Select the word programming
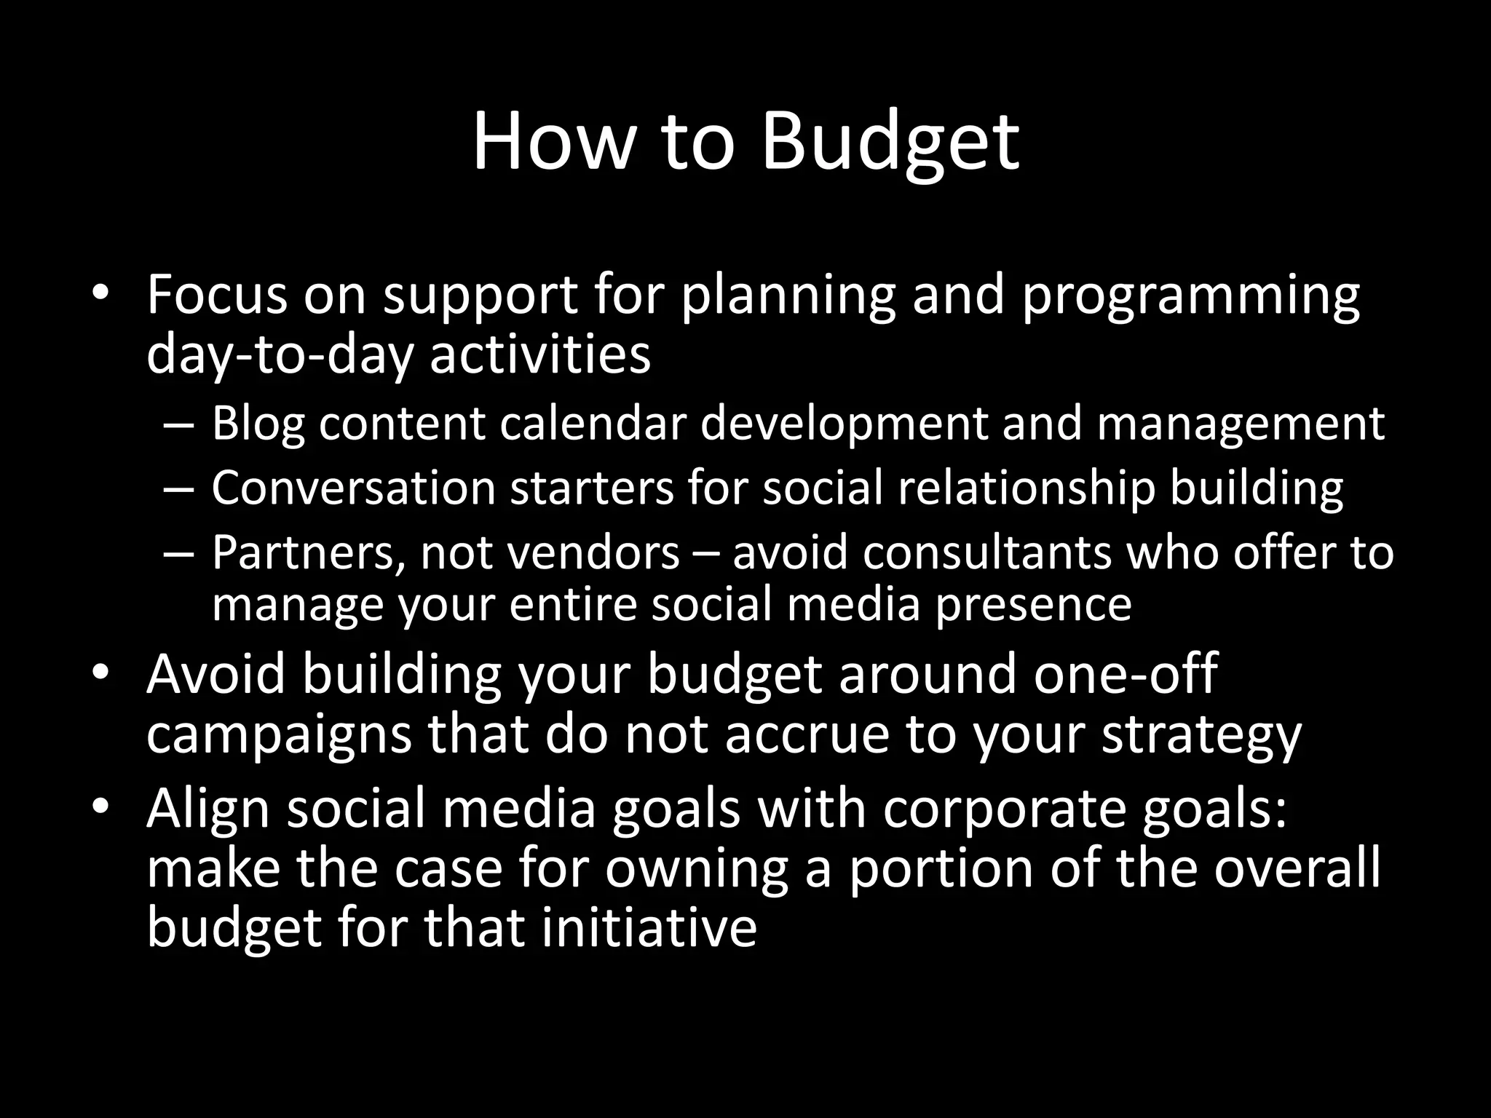pos(1190,297)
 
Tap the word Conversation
pos(353,488)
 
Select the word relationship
pos(1026,489)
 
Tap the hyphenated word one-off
pos(1125,674)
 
